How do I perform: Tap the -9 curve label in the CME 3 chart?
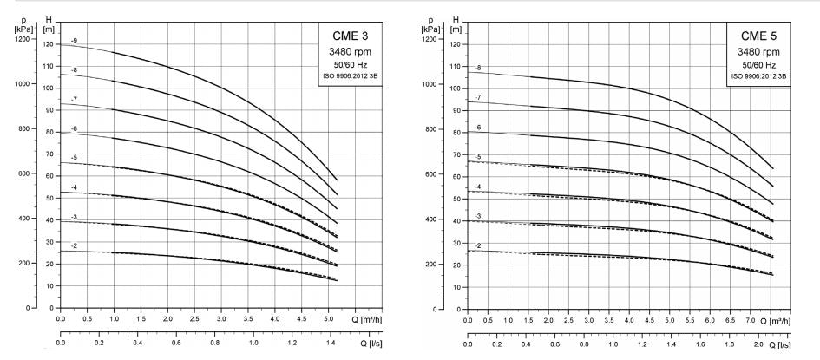pyautogui.click(x=75, y=42)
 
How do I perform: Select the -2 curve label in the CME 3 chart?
pyautogui.click(x=75, y=246)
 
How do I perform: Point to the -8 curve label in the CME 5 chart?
pyautogui.click(x=478, y=67)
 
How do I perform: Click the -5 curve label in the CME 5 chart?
pyautogui.click(x=478, y=157)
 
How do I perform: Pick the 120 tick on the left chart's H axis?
pyautogui.click(x=48, y=43)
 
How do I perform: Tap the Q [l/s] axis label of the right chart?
pyautogui.click(x=789, y=345)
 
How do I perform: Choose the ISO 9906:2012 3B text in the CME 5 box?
pyautogui.click(x=758, y=76)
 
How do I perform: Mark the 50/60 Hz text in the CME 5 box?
pyautogui.click(x=758, y=64)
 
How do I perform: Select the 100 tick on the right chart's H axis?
pyautogui.click(x=455, y=88)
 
